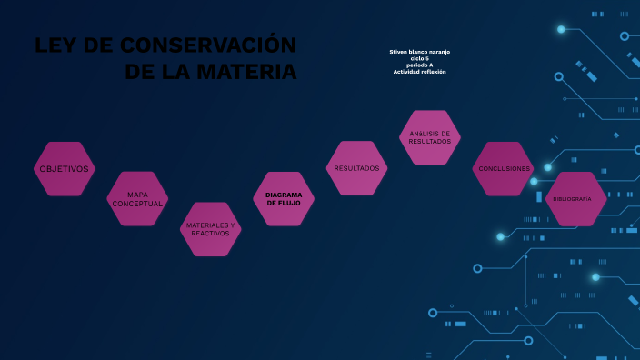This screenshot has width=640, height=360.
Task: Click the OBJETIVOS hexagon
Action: click(65, 169)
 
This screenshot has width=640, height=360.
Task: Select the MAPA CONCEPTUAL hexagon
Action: click(137, 199)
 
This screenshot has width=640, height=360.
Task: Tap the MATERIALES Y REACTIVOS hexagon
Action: click(210, 229)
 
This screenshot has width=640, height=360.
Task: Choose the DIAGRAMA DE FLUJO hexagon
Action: click(284, 199)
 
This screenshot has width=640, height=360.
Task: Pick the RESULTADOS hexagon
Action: click(356, 168)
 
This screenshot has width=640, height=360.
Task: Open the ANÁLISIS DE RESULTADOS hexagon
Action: click(430, 137)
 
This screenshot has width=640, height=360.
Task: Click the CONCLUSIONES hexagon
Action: click(504, 169)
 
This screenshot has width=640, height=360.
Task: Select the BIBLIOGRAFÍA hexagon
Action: click(575, 198)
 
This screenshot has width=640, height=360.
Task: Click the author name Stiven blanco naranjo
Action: click(419, 52)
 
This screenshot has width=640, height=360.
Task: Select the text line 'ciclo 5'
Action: click(419, 58)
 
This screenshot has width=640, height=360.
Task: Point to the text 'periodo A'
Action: click(419, 65)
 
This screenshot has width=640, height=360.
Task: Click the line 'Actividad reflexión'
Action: click(419, 72)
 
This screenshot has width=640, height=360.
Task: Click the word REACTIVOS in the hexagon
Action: click(210, 234)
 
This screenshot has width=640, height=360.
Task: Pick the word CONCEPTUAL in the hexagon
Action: click(137, 204)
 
